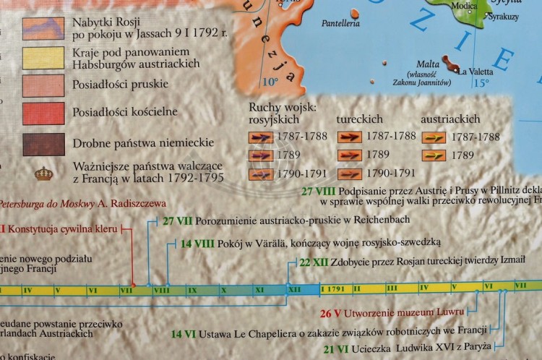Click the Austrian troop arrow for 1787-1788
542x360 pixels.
pyautogui.click(x=434, y=137)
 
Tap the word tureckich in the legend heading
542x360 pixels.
pyautogui.click(x=360, y=118)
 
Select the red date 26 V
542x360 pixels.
pyautogui.click(x=330, y=314)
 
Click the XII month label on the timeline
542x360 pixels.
pyautogui.click(x=294, y=289)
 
